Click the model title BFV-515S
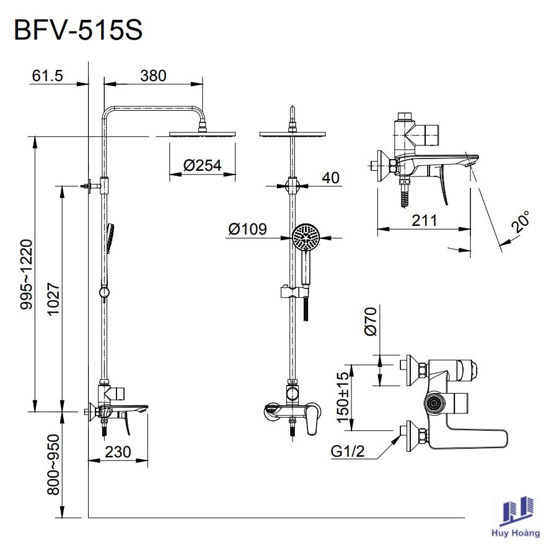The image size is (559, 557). (x=79, y=30)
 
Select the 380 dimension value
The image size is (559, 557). (x=153, y=76)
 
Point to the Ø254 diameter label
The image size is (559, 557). (x=202, y=165)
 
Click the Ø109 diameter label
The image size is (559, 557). (x=247, y=230)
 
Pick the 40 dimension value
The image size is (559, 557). (x=331, y=178)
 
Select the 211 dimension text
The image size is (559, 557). (x=425, y=220)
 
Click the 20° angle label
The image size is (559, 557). (x=521, y=222)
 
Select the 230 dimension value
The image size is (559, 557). (x=118, y=452)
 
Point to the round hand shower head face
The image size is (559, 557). (x=306, y=236)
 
